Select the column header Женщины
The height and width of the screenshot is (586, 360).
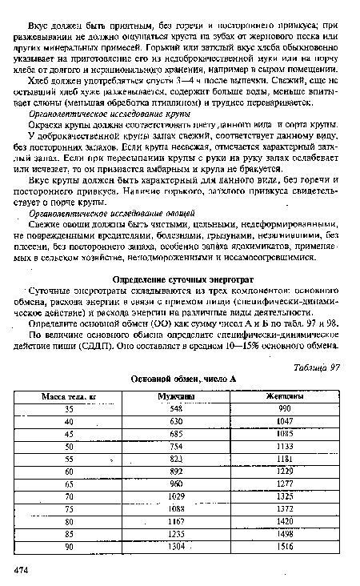(285, 395)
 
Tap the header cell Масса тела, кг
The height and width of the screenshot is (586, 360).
(70, 395)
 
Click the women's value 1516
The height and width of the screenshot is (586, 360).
(285, 548)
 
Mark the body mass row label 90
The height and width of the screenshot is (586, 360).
(70, 548)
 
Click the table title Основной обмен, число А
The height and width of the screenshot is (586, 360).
(178, 378)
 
